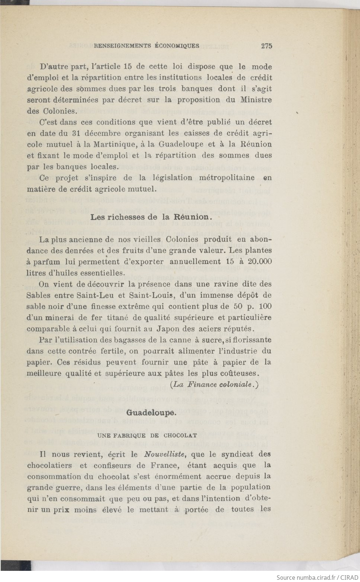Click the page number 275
click(266, 46)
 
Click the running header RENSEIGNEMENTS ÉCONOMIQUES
click(147, 46)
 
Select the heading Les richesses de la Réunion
click(151, 217)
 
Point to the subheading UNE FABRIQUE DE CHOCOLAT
click(147, 435)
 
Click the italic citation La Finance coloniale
click(214, 384)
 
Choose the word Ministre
click(256, 100)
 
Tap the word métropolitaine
click(227, 178)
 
